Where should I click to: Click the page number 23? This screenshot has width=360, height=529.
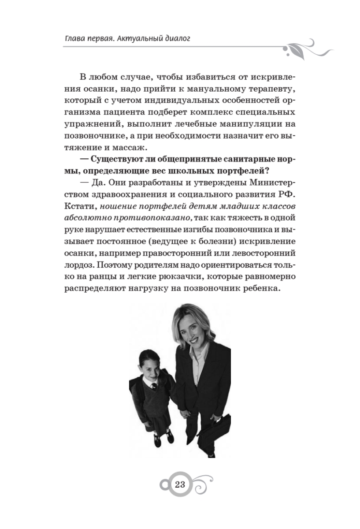click(180, 485)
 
